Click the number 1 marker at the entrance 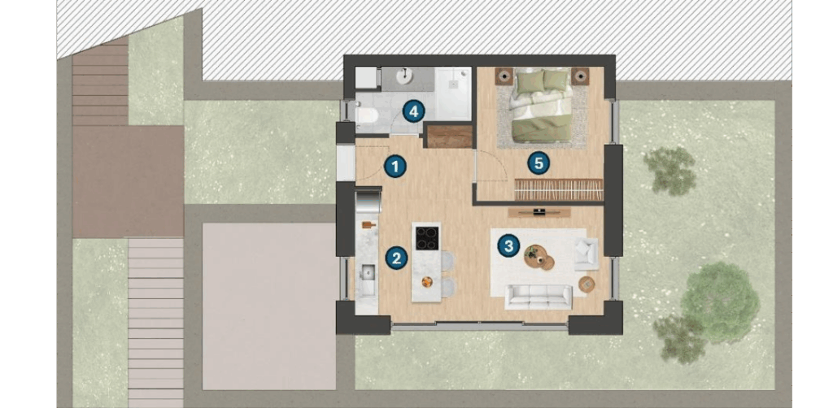[x=395, y=167]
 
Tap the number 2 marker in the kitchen [x=396, y=258]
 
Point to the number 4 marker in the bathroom [x=414, y=111]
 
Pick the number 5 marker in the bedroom [x=539, y=163]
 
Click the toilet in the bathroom [x=367, y=115]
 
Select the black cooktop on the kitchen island [x=427, y=238]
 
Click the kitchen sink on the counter [x=367, y=274]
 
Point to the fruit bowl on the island [x=426, y=282]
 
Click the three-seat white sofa [x=539, y=297]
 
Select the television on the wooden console [x=539, y=211]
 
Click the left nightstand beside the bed [x=504, y=76]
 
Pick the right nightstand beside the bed [x=580, y=76]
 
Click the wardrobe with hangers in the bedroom [x=559, y=189]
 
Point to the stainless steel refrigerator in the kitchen [x=369, y=202]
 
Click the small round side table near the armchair [x=587, y=284]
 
